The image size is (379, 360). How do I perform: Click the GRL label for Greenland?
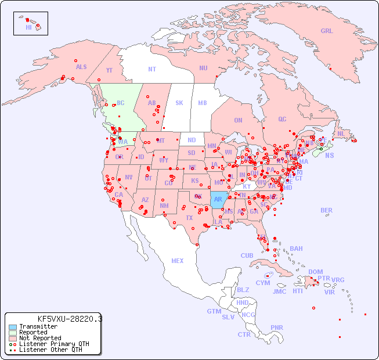(327, 31)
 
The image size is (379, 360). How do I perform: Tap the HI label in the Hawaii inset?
(28, 27)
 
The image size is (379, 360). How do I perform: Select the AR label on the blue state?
(218, 199)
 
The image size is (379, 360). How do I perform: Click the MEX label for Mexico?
(178, 261)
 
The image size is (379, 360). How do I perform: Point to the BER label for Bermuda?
(326, 210)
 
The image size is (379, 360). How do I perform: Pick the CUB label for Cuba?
(247, 255)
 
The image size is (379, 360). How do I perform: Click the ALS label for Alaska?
(81, 67)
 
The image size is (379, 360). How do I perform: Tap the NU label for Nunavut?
(203, 68)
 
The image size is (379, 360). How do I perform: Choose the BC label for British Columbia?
(121, 103)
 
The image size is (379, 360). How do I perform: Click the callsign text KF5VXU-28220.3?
(70, 319)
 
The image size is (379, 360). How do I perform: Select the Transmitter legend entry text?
(38, 327)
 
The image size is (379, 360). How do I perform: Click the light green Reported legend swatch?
(12, 333)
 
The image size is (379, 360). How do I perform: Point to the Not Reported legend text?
(40, 338)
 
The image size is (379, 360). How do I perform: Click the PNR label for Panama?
(277, 327)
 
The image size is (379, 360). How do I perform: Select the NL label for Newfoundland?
(341, 133)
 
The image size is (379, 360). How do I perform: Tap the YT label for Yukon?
(109, 70)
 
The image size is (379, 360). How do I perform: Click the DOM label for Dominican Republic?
(315, 272)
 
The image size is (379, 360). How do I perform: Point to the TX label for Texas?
(189, 218)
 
